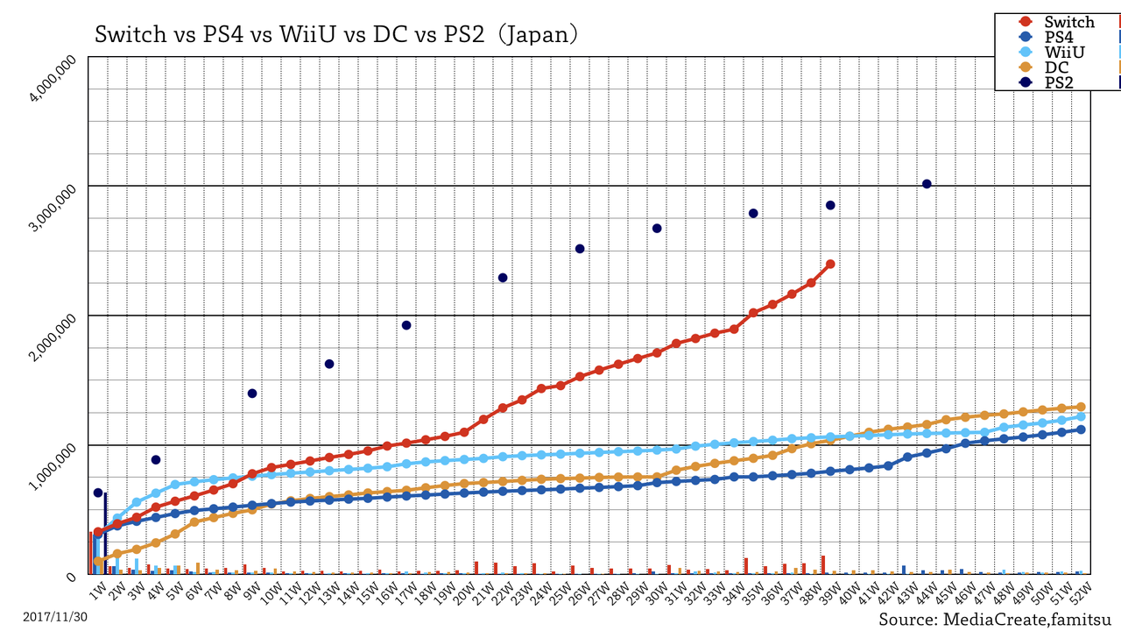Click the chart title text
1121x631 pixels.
click(336, 34)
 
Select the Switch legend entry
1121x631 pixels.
click(1056, 23)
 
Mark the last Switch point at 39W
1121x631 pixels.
click(830, 264)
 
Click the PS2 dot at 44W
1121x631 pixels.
click(927, 184)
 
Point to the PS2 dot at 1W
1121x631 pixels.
click(98, 493)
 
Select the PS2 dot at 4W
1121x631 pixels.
click(156, 460)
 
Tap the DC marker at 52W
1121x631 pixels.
click(1081, 407)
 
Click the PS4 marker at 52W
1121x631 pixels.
click(1081, 429)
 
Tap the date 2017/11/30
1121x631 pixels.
click(55, 617)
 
